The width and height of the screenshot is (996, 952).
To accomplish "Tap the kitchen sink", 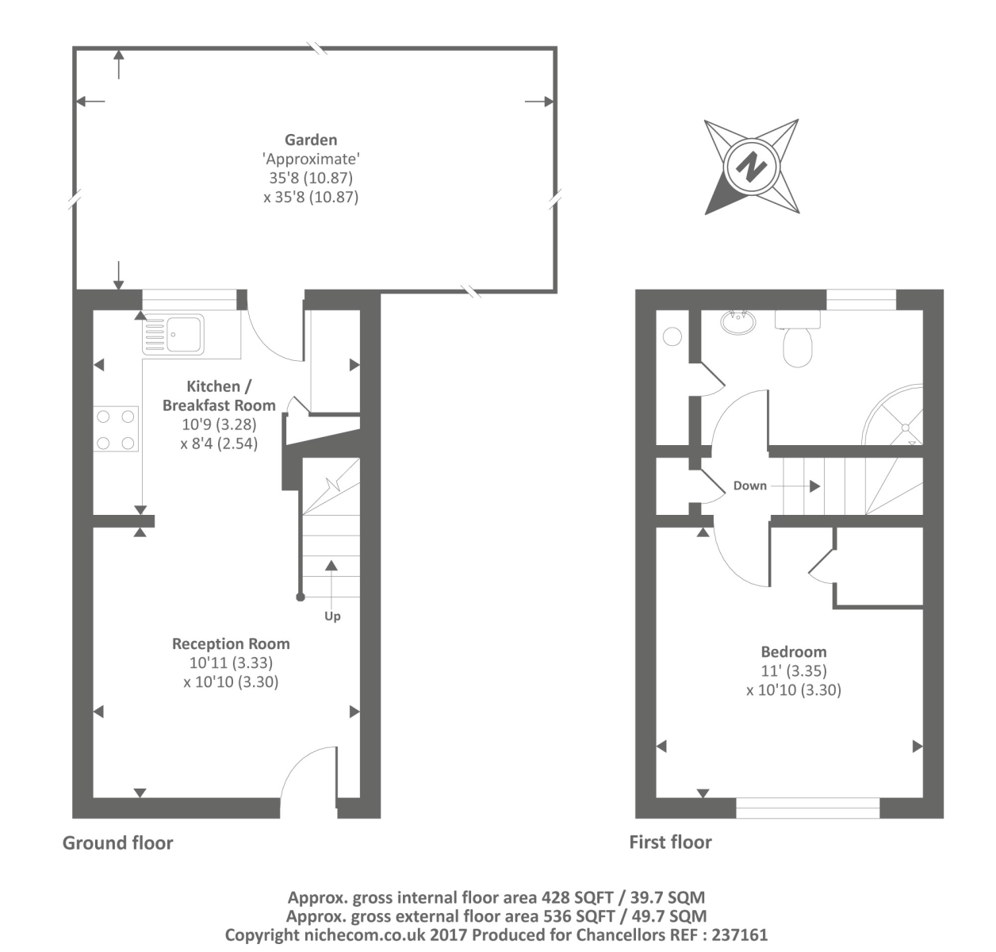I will [x=173, y=334].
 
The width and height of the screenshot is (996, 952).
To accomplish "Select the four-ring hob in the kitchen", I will [x=116, y=428].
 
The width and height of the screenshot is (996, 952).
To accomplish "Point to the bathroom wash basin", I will [x=738, y=322].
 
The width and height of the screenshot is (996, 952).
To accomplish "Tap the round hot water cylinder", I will [x=672, y=336].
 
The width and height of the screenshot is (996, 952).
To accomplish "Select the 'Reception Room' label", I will [x=231, y=643].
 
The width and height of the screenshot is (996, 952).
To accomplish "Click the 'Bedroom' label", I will [x=793, y=651].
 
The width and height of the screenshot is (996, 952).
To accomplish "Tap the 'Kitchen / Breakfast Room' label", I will [x=219, y=396].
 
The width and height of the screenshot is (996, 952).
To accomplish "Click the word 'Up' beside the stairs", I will [x=332, y=616].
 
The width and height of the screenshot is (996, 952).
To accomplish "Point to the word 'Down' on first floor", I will [x=749, y=486].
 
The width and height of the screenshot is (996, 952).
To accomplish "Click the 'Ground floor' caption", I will [x=117, y=843].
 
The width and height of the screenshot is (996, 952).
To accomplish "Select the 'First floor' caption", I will [x=670, y=842].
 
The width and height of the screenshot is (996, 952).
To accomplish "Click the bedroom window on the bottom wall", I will [x=807, y=808].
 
